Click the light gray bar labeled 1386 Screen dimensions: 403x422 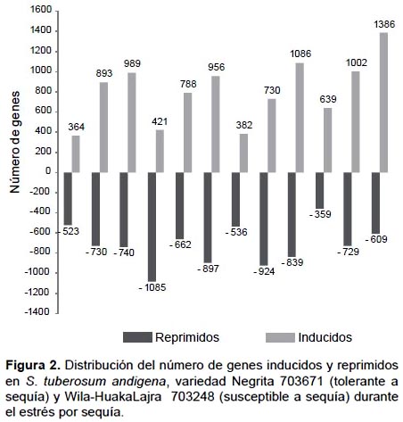coord(383,103)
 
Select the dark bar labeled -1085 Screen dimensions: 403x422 coord(152,227)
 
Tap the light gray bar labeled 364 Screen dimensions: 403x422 coord(76,154)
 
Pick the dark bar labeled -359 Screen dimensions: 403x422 coord(320,191)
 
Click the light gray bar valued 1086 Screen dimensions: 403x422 coord(300,118)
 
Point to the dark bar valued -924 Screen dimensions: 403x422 coord(264,219)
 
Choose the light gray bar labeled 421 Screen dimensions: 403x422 coord(160,151)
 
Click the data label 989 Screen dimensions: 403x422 coord(132,63)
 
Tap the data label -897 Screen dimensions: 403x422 coord(208,269)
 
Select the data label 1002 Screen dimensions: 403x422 coord(357,62)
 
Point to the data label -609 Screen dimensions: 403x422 coord(376,239)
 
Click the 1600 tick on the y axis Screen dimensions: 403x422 coord(41,10)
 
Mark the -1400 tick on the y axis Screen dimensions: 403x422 coord(37,311)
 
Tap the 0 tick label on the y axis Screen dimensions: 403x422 coord(48,171)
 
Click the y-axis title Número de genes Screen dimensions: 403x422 coord(14,142)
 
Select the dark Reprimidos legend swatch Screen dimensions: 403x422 coord(137,337)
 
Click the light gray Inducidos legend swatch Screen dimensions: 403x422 coord(280,337)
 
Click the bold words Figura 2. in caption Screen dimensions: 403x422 coord(33,365)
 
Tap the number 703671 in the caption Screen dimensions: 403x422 coord(301,381)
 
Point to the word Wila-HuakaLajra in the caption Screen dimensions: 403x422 coord(113,397)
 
